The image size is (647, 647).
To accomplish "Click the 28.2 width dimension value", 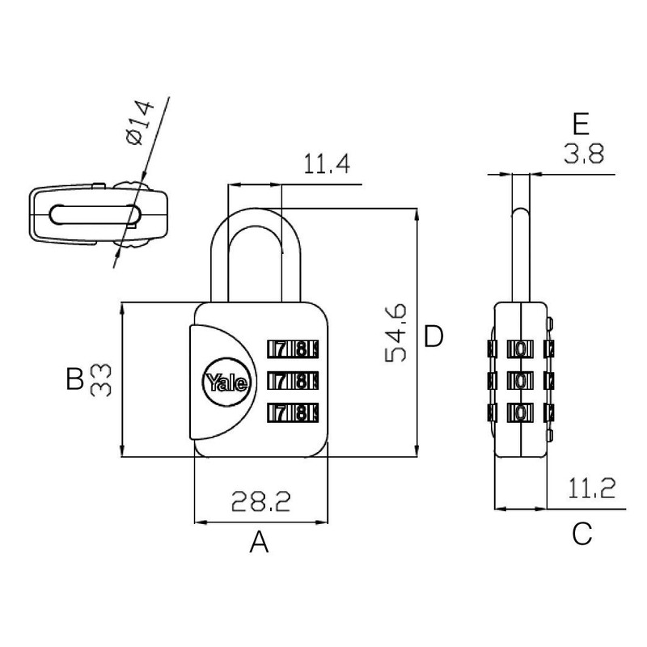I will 261,502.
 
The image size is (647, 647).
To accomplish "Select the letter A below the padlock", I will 258,541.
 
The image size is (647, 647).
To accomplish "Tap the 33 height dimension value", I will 100,379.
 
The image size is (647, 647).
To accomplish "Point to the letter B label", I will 74,378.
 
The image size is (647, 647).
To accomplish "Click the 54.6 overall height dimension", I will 396,334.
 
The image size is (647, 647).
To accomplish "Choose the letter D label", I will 433,336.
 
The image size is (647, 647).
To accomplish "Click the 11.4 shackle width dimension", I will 326,165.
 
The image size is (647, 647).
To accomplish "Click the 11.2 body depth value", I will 591,488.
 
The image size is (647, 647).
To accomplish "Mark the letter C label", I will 581,533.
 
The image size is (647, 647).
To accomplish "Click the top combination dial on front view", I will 291,349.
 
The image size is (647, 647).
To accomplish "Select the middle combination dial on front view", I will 291,379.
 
